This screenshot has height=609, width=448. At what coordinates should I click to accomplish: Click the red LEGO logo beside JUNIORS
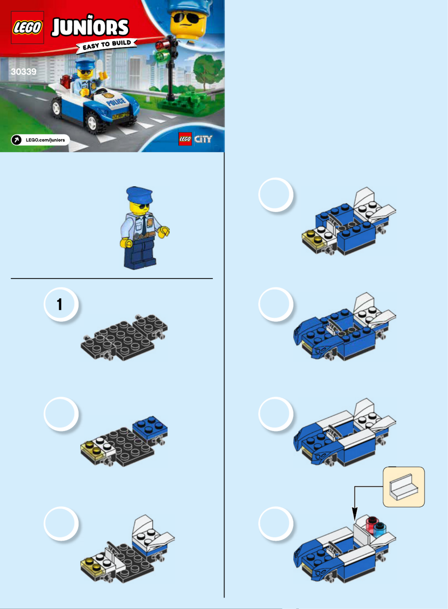[x=27, y=27]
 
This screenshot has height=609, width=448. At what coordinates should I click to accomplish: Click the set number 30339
[x=24, y=71]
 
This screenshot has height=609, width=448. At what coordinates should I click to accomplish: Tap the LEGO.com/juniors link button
[x=41, y=140]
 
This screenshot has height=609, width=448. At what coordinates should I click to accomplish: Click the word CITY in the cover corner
[x=203, y=139]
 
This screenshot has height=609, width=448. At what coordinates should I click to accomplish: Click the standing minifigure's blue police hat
[x=139, y=194]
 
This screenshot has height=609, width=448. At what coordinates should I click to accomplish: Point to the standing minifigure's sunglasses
[x=143, y=206]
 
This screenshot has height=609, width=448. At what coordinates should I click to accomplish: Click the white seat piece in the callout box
[x=403, y=487]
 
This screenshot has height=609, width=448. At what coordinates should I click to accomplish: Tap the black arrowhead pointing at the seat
[x=355, y=513]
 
